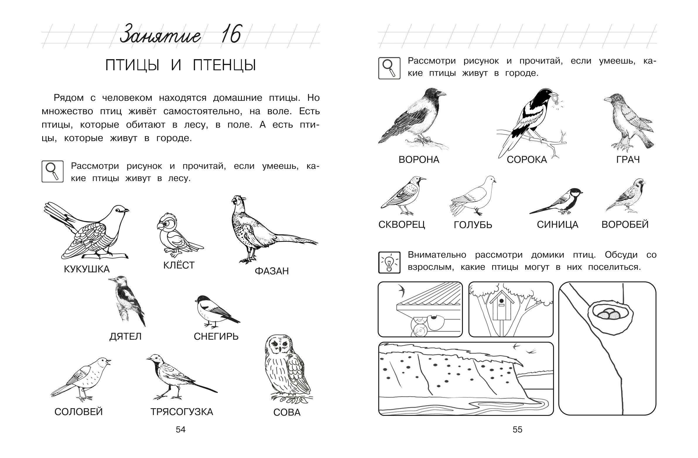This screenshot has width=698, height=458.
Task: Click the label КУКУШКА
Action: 87,269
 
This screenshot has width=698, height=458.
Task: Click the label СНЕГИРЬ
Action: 216,336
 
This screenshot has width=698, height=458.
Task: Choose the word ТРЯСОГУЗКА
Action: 182,412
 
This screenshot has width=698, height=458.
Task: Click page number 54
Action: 181,430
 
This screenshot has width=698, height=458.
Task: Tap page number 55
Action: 518,430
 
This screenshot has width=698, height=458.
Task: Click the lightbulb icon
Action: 389,262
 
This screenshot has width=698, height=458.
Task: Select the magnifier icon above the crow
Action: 389,68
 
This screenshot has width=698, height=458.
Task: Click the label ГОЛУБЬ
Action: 473,225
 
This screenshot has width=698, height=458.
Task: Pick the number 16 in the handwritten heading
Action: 231,34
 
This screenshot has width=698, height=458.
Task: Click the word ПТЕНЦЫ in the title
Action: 224,65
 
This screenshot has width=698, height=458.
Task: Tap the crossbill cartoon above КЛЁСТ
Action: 179,233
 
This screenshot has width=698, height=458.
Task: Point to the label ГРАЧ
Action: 628,160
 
